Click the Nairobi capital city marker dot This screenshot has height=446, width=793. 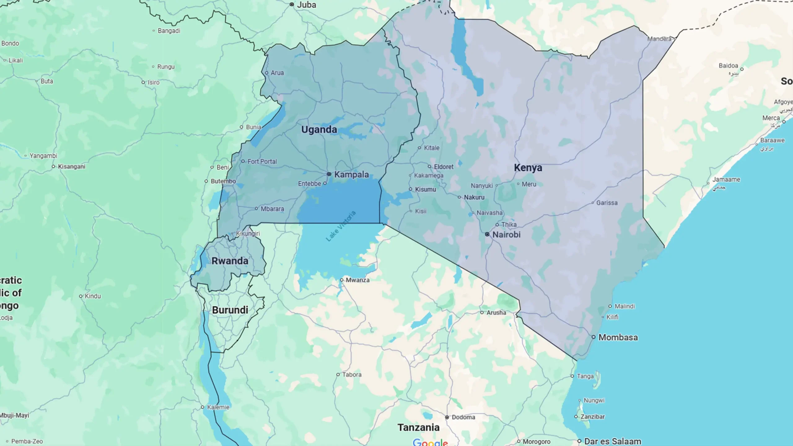[487, 234]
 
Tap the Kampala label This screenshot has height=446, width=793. [351, 174]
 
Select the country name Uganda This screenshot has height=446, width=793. [319, 130]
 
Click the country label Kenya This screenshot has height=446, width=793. [528, 168]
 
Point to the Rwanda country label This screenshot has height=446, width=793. [230, 261]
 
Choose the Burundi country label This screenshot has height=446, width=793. [230, 310]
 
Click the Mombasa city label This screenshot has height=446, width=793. [618, 337]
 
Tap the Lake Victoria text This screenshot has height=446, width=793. [341, 226]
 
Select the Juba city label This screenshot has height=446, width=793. [306, 5]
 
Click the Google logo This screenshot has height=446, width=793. [430, 443]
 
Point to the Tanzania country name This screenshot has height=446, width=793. [418, 427]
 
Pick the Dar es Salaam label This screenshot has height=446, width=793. [612, 441]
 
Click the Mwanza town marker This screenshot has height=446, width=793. [342, 280]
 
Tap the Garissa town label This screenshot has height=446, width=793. [607, 203]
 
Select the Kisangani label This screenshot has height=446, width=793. [72, 166]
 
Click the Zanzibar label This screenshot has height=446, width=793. [592, 417]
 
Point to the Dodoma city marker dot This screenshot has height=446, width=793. [447, 417]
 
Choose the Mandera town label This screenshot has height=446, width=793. [659, 39]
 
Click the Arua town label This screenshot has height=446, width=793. [277, 73]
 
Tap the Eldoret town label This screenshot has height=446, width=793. [443, 167]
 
